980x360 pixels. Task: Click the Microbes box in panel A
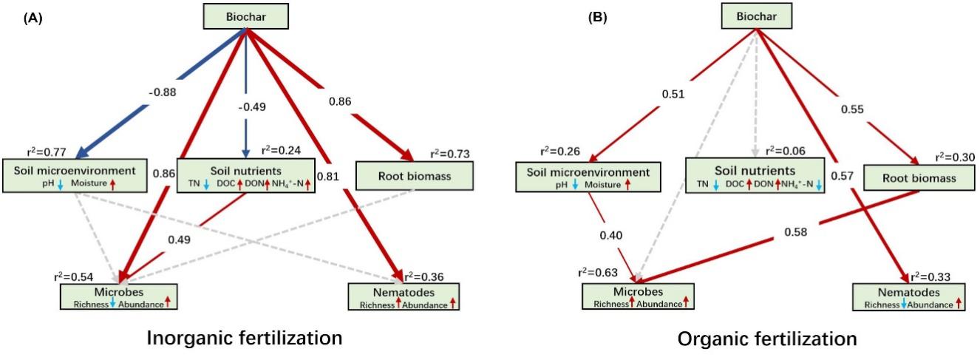[118, 295]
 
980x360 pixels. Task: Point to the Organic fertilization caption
[767, 339]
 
